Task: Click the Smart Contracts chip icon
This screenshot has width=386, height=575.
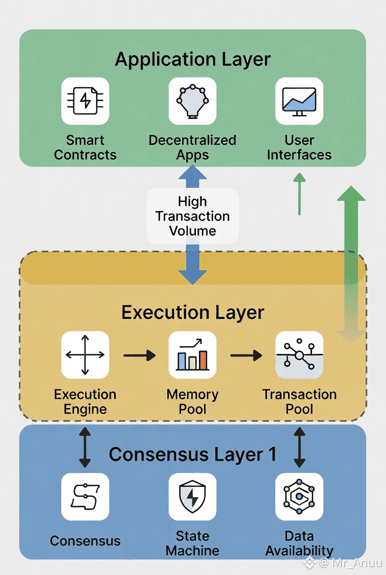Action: coord(85,101)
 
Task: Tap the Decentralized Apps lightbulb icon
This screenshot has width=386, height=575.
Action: coord(193,101)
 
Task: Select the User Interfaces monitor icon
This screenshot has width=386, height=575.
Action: coord(299,101)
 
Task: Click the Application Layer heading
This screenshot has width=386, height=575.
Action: coord(193,60)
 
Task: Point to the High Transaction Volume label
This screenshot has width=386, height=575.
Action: coord(193,216)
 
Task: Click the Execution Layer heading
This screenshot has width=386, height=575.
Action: coord(193,313)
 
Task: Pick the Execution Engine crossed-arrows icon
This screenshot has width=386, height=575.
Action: coord(85,354)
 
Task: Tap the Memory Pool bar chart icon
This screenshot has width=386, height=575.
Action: coord(193,354)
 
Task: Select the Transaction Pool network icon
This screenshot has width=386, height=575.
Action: coord(299,354)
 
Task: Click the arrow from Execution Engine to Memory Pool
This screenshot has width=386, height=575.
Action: coord(139,354)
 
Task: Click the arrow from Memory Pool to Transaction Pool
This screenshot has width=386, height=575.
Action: coord(246,354)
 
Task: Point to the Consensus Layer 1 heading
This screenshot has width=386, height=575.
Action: coord(193,454)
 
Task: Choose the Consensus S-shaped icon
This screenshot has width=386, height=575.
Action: coord(85,496)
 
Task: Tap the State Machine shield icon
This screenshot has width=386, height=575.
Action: coord(193,496)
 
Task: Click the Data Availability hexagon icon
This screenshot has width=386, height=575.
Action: coord(299,496)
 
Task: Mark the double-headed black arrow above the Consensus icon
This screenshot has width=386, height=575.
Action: coord(85,447)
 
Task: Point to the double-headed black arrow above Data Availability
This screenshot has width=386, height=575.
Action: coord(299,447)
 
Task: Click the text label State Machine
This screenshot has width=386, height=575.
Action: coord(193,543)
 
